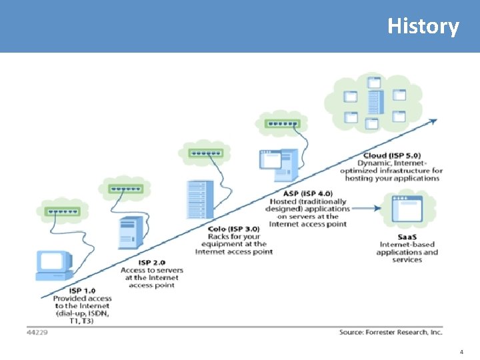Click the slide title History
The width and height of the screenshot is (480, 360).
click(x=423, y=27)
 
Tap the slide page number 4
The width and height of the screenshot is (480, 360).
click(x=461, y=351)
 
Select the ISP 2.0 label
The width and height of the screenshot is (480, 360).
click(x=151, y=263)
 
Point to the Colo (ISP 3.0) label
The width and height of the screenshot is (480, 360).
click(x=234, y=229)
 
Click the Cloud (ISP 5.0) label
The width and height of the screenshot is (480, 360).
click(x=392, y=155)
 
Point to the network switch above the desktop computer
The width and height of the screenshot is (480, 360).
click(x=61, y=212)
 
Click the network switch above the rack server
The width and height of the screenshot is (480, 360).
click(x=207, y=153)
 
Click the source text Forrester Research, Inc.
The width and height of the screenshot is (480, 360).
click(x=390, y=331)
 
